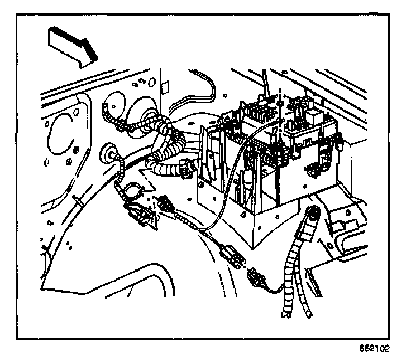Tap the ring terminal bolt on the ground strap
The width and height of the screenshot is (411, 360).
[x=313, y=214]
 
